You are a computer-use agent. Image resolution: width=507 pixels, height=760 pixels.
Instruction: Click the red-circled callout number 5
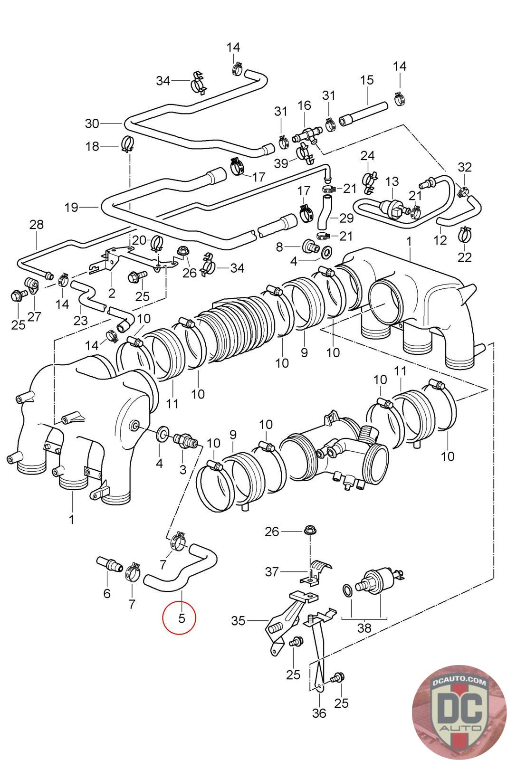(180, 618)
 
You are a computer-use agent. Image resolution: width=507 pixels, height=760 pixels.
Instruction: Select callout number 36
(319, 713)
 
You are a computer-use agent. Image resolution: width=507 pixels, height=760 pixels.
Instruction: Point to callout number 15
(367, 80)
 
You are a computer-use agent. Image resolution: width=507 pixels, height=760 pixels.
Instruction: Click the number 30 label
(92, 123)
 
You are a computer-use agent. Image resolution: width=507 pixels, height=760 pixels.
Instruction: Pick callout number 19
(72, 208)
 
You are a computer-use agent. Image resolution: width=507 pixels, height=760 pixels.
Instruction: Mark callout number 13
(392, 181)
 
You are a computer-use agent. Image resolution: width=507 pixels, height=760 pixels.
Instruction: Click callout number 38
(365, 628)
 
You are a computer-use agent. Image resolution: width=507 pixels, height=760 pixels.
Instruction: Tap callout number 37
(271, 571)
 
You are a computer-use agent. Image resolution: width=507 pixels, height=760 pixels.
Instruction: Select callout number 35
(239, 621)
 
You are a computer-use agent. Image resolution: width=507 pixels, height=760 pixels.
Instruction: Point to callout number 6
(106, 593)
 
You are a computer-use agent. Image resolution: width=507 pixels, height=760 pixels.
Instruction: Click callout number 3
(183, 470)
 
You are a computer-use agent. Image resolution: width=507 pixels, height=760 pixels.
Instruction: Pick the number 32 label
(465, 167)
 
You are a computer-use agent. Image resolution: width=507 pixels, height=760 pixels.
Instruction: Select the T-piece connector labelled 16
(306, 135)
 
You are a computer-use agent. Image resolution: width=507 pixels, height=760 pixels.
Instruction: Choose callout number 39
(281, 163)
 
